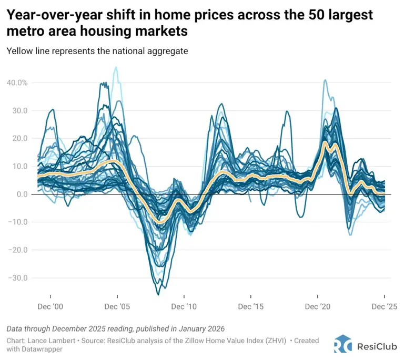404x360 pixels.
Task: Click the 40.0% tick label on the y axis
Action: (17, 83)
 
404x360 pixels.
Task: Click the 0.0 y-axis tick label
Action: (21, 194)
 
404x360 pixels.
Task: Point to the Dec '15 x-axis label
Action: (251, 306)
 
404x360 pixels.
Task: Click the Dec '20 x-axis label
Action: (318, 306)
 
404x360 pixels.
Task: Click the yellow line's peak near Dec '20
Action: (325, 142)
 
